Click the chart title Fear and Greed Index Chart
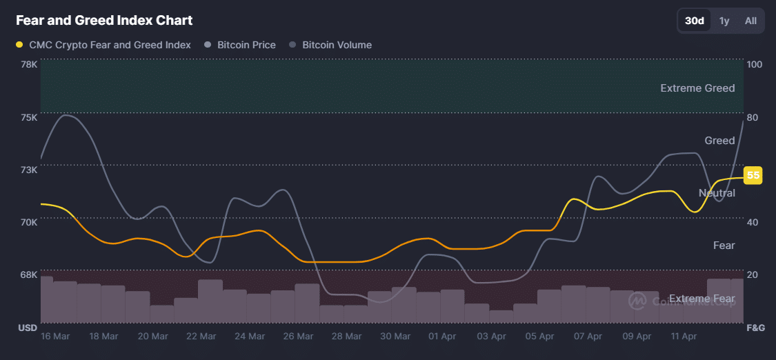[104, 21]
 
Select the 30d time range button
[694, 21]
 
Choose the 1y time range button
[724, 21]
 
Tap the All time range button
[750, 21]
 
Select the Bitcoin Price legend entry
[246, 45]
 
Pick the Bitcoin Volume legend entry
[337, 45]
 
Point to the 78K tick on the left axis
[29, 64]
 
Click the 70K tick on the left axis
[29, 222]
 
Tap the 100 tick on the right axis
[754, 64]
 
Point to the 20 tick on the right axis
[753, 274]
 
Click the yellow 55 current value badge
[753, 175]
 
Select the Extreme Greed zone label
[697, 88]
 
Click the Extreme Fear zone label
[702, 299]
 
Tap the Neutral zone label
[717, 193]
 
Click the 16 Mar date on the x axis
[55, 337]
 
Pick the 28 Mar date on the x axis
[346, 337]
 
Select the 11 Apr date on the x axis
[684, 337]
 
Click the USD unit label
[27, 328]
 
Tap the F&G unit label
[756, 328]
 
